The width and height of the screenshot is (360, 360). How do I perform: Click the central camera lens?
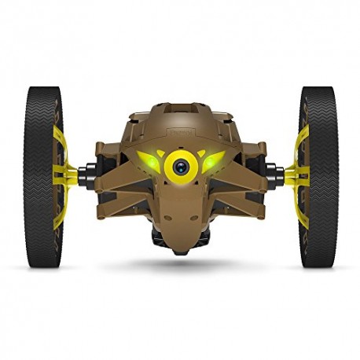click(x=180, y=166)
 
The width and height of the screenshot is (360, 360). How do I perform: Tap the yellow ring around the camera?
click(x=180, y=154)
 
